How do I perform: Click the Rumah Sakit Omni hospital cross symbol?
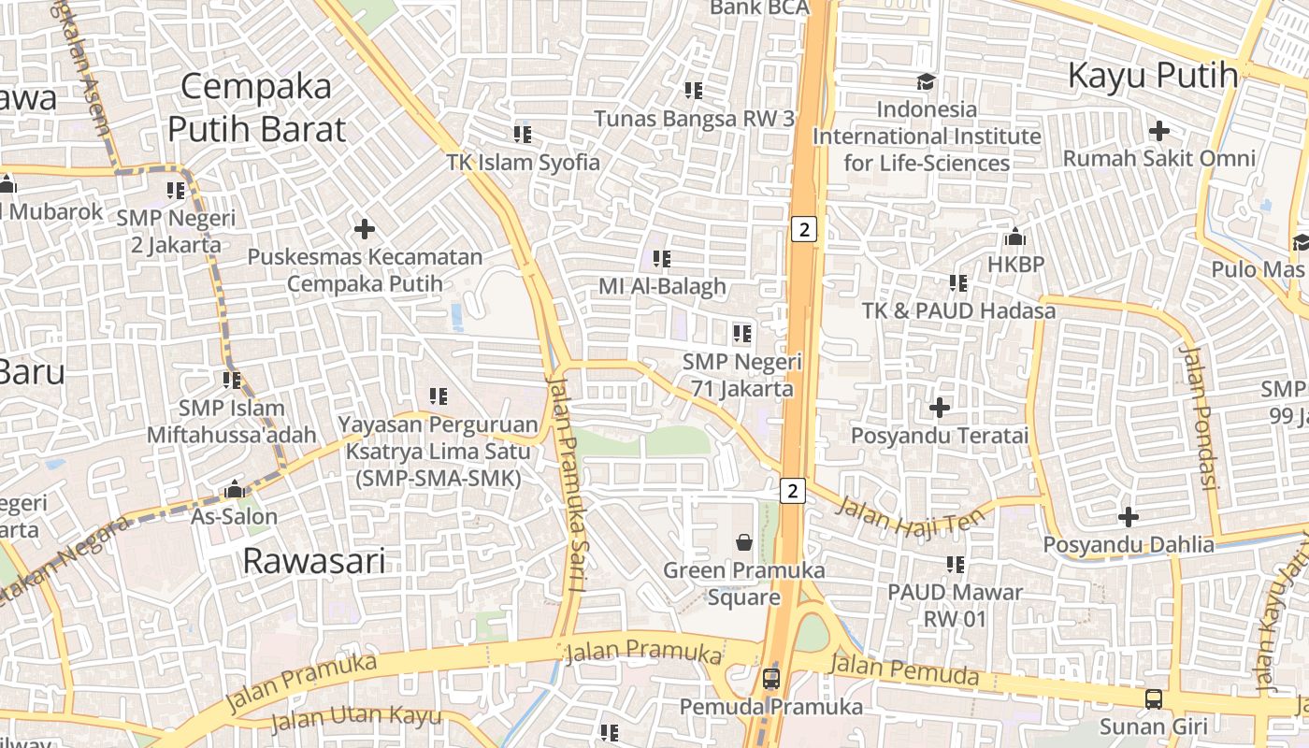point(1159,130)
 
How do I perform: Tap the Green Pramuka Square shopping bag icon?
point(744,541)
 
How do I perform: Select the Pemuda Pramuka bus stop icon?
point(770,679)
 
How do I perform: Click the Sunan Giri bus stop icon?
point(1154,698)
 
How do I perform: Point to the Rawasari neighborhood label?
point(314,561)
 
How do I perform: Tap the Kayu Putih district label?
point(1153,75)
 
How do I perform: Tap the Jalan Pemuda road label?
point(904,670)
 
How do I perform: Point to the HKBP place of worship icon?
point(1015,237)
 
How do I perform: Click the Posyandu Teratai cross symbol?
point(940,408)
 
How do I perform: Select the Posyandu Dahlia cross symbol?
point(1129,516)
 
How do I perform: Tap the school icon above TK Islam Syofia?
point(523,135)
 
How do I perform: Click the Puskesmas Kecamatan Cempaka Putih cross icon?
point(365,228)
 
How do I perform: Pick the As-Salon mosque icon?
point(235,490)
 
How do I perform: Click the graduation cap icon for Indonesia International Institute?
point(926,82)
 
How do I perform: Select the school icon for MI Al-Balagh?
point(662,258)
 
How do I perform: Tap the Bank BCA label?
point(759,7)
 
